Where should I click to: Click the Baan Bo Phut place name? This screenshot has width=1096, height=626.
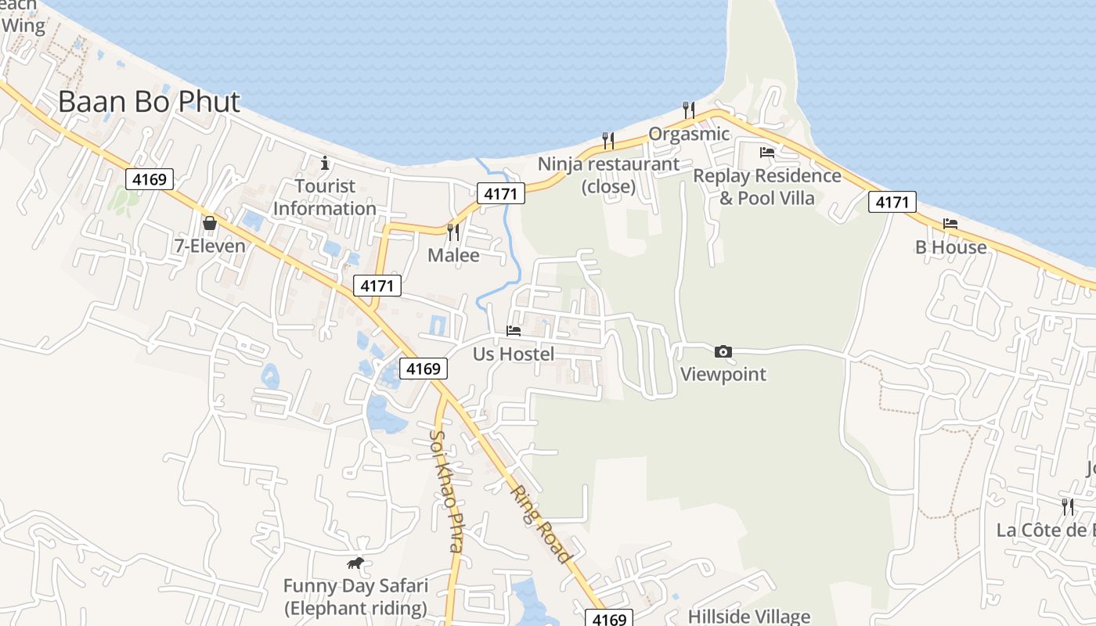pos(149,102)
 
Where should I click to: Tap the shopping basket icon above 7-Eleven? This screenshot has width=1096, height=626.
pos(210,224)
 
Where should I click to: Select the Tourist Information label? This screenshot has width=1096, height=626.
pos(325,197)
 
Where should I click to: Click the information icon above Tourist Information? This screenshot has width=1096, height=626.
pos(325,164)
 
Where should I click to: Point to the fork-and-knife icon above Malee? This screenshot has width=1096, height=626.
pos(452,232)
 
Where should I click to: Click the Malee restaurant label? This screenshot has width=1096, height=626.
pos(453,256)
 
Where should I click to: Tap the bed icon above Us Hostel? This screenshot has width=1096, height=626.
pos(514,331)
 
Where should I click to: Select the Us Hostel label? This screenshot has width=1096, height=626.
pos(514,354)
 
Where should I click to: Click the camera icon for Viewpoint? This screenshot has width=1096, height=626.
pos(723,351)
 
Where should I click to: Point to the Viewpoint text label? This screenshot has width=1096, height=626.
pos(723,374)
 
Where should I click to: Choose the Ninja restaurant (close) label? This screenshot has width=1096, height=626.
pos(608,175)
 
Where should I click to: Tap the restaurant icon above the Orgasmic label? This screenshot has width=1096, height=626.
pos(689,110)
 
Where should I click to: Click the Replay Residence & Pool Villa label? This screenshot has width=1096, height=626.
pos(767,187)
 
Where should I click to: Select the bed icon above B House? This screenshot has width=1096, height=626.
pos(950,224)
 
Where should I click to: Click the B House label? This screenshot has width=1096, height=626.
pos(951,247)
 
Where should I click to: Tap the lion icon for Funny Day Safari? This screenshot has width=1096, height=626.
pos(355,563)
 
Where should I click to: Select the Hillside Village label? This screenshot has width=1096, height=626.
pos(749,617)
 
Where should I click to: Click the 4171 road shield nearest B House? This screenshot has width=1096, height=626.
pos(892,203)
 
